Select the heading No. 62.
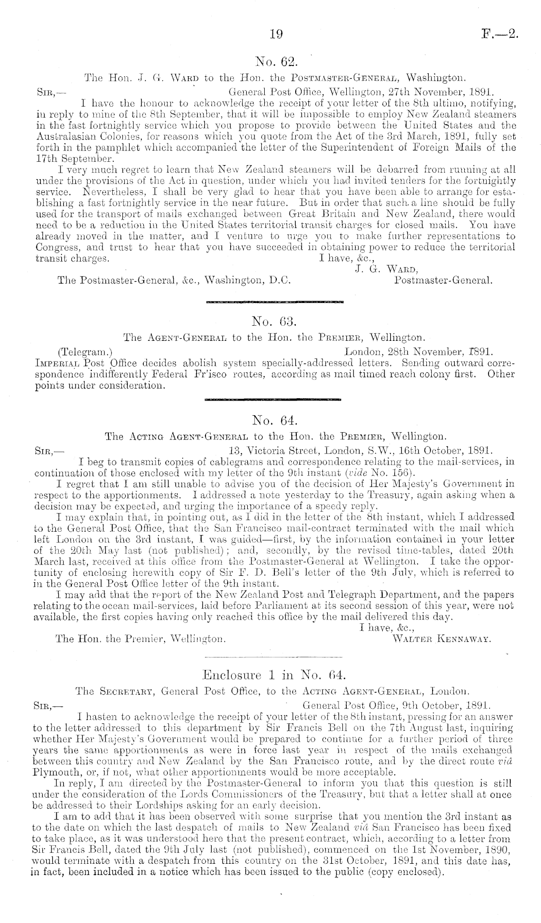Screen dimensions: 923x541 [275, 62]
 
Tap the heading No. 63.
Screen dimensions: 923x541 [275, 321]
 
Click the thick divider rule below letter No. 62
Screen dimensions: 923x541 [274, 302]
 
